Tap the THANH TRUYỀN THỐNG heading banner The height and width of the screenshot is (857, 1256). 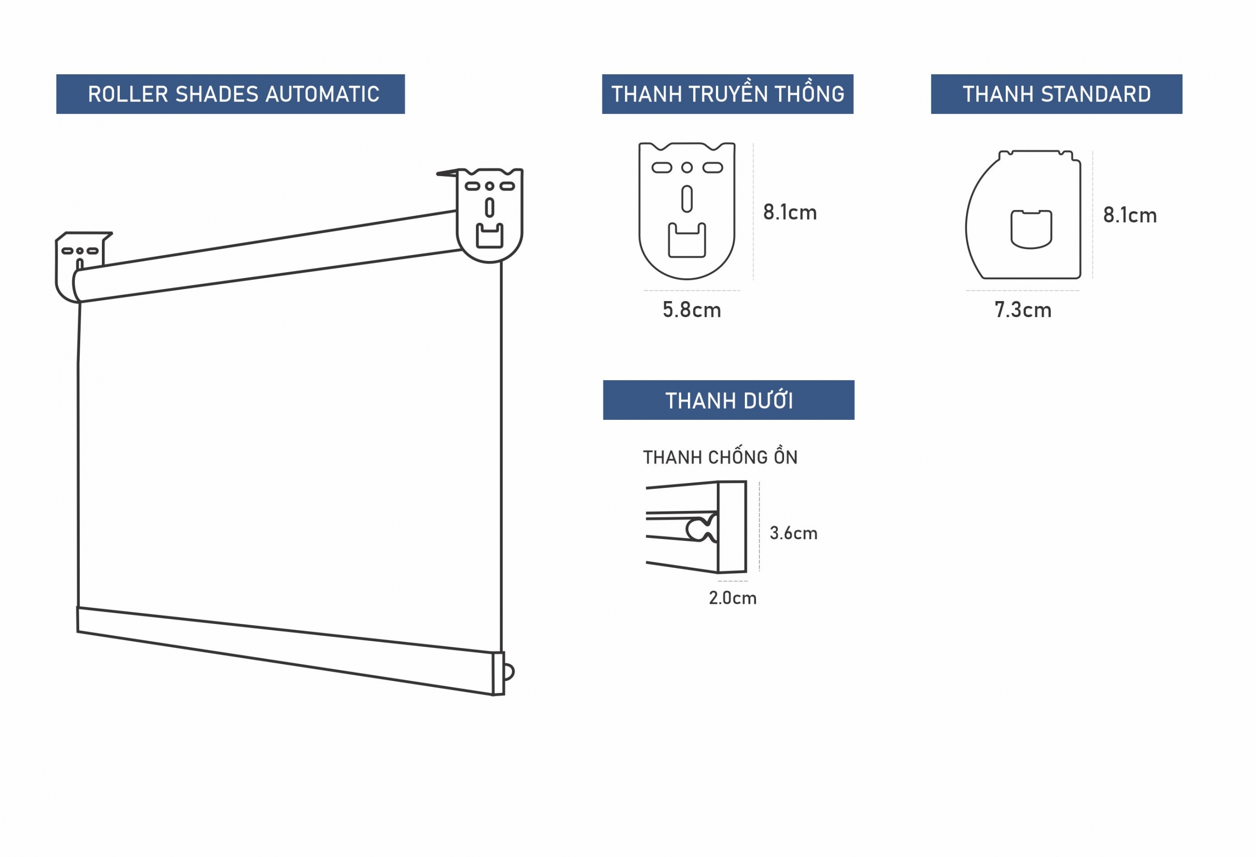coord(728,94)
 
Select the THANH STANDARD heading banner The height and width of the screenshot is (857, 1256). coord(1056,94)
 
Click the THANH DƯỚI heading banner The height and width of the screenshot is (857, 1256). coord(728,400)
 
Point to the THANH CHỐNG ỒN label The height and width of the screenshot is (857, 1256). coord(720,457)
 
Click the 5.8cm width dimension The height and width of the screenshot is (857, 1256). coord(692,310)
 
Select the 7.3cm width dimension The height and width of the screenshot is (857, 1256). coord(1023,310)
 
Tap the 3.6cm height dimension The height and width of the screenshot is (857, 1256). coord(793,534)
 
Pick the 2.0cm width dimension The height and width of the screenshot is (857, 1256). coord(732,598)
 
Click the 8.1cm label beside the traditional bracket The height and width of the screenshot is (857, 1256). coord(790,213)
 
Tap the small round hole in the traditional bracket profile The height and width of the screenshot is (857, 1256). coord(687,167)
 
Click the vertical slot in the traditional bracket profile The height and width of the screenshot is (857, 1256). coord(687,199)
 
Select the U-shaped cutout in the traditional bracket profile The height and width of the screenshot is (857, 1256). coord(687,241)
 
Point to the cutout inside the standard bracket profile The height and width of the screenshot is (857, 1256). coord(1031,229)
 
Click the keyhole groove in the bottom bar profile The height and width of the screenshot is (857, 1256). coord(701,529)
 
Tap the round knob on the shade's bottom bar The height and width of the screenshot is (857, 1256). coord(509,672)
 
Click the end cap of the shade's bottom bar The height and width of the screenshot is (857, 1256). coord(498,674)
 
